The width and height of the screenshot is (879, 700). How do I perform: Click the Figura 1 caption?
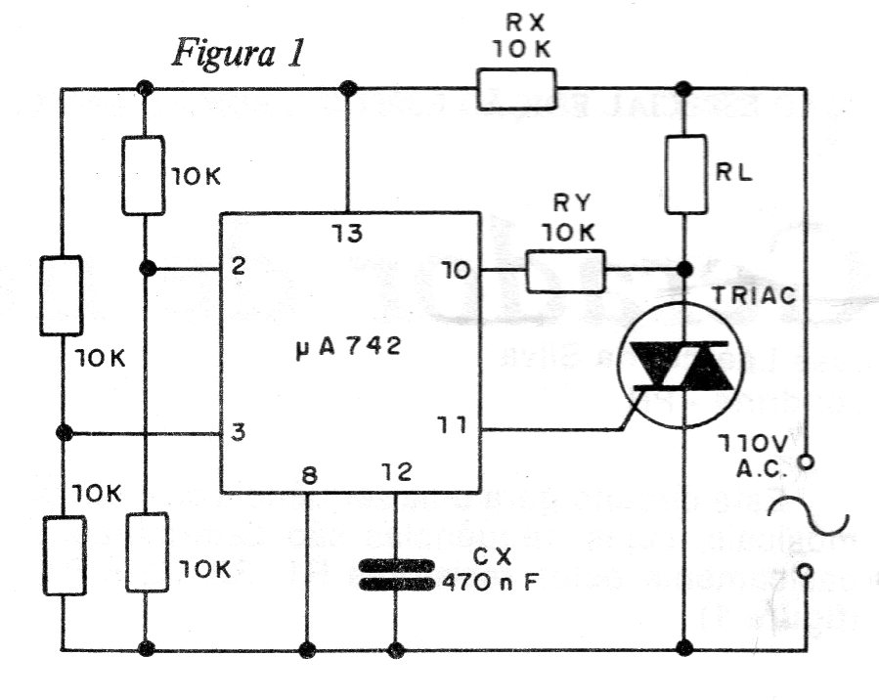240,53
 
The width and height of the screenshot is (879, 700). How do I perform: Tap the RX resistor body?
516,89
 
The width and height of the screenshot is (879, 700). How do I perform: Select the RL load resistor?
684,174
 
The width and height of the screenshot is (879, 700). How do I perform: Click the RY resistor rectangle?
565,271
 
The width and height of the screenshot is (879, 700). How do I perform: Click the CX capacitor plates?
395,575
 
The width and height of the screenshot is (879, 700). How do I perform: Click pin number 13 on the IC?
346,234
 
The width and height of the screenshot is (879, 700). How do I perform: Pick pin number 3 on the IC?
238,432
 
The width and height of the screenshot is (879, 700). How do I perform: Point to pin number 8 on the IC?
308,476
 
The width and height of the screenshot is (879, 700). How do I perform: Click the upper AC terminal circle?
808,460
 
